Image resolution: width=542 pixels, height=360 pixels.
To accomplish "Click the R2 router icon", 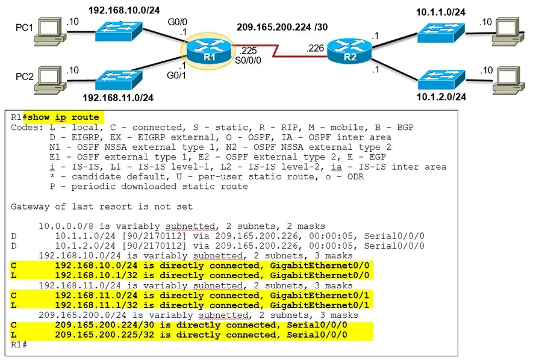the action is (x=349, y=51).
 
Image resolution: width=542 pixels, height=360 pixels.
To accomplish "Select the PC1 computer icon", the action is (x=50, y=31).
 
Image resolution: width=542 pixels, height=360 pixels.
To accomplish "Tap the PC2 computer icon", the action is (x=50, y=80).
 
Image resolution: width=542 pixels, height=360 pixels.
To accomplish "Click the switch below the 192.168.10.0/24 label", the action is (x=119, y=31).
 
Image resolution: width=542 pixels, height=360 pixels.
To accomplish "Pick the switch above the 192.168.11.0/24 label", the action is (x=119, y=80).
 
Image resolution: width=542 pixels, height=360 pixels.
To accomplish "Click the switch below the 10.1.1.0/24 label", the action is (x=441, y=33).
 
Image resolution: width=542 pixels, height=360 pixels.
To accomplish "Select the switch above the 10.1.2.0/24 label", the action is (x=441, y=79).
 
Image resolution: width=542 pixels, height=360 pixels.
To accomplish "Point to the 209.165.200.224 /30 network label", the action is (x=282, y=27).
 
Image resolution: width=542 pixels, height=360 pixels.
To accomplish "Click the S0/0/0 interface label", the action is (x=248, y=60).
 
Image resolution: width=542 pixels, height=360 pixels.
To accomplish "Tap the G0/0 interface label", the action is (x=177, y=22).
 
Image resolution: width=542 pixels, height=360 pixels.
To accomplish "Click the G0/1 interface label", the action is (x=176, y=75).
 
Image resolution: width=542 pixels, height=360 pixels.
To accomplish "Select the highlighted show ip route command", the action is (x=63, y=117).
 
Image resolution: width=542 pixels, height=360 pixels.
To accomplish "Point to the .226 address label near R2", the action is (x=315, y=48).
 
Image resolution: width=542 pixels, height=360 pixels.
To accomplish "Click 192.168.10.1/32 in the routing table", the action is (x=96, y=275).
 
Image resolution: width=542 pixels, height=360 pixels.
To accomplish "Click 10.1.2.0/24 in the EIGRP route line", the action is (x=85, y=246).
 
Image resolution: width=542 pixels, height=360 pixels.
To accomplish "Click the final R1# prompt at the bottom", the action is (x=19, y=344).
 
